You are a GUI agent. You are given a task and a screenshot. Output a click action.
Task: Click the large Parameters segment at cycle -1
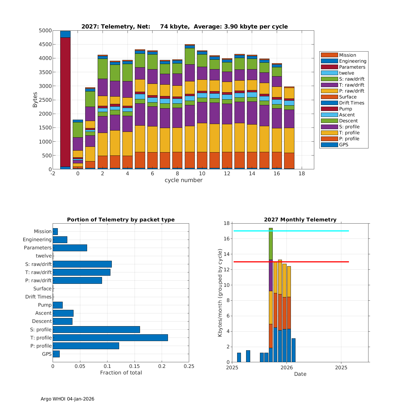coord(65,102)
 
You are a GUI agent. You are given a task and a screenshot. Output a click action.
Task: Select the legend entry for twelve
coord(346,73)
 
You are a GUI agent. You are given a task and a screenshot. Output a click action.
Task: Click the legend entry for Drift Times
coord(351,103)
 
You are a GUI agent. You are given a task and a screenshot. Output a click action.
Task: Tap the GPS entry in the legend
coord(344,145)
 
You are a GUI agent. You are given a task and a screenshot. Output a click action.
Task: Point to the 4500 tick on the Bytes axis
coord(45,44)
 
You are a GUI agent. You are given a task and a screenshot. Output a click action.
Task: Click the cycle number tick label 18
coord(301,174)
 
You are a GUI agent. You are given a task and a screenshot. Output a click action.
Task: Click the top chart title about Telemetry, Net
coord(185,27)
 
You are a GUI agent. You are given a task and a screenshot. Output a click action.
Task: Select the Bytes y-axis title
coord(35,100)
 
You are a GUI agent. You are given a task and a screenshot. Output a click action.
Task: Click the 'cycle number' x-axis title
coord(183,180)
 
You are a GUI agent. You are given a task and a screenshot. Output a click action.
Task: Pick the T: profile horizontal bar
coord(110,338)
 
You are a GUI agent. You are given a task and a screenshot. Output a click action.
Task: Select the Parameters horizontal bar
coord(70,248)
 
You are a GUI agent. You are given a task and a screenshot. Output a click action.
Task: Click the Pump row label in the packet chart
coord(45,305)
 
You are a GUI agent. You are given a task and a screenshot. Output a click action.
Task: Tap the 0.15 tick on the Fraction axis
coord(135,366)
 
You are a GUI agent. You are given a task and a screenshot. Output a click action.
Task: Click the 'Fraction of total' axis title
coord(121,373)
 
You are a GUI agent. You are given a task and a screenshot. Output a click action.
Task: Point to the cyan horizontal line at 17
coord(298,231)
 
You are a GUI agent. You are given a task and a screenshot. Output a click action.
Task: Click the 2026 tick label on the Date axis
coord(287,368)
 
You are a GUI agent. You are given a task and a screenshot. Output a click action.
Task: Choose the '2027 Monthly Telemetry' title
coord(300,220)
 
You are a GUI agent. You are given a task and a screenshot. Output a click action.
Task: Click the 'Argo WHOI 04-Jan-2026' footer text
coord(67,399)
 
